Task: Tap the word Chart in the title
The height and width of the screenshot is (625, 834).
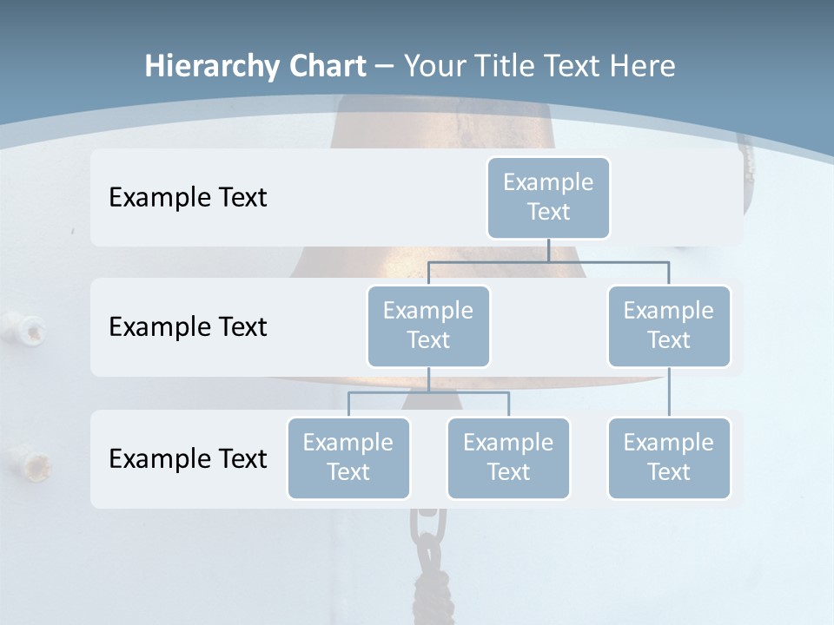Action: coord(327,66)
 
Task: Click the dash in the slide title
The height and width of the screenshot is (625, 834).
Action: coord(384,66)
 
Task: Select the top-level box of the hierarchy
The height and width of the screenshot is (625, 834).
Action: coord(548,198)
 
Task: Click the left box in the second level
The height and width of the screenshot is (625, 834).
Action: coord(428,326)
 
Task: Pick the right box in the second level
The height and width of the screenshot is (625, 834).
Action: coord(669,326)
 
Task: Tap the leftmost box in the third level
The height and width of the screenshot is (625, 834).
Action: coord(348,458)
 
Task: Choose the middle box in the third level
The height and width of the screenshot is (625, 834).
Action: coord(508,458)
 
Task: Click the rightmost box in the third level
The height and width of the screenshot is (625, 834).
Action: coord(669,458)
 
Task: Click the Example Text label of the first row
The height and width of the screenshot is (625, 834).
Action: coord(188,198)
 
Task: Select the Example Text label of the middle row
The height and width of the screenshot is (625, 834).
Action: coord(188,327)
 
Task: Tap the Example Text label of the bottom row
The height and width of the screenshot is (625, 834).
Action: coord(188,458)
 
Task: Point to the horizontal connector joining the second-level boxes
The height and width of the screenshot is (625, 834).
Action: coord(608,261)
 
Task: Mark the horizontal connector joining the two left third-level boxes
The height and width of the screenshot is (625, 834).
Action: coord(469,392)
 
